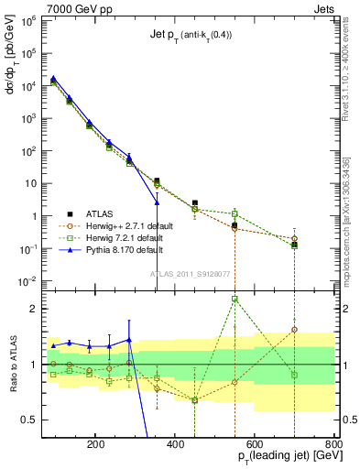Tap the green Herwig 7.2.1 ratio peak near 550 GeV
(235, 299)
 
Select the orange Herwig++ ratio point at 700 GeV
(294, 329)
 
